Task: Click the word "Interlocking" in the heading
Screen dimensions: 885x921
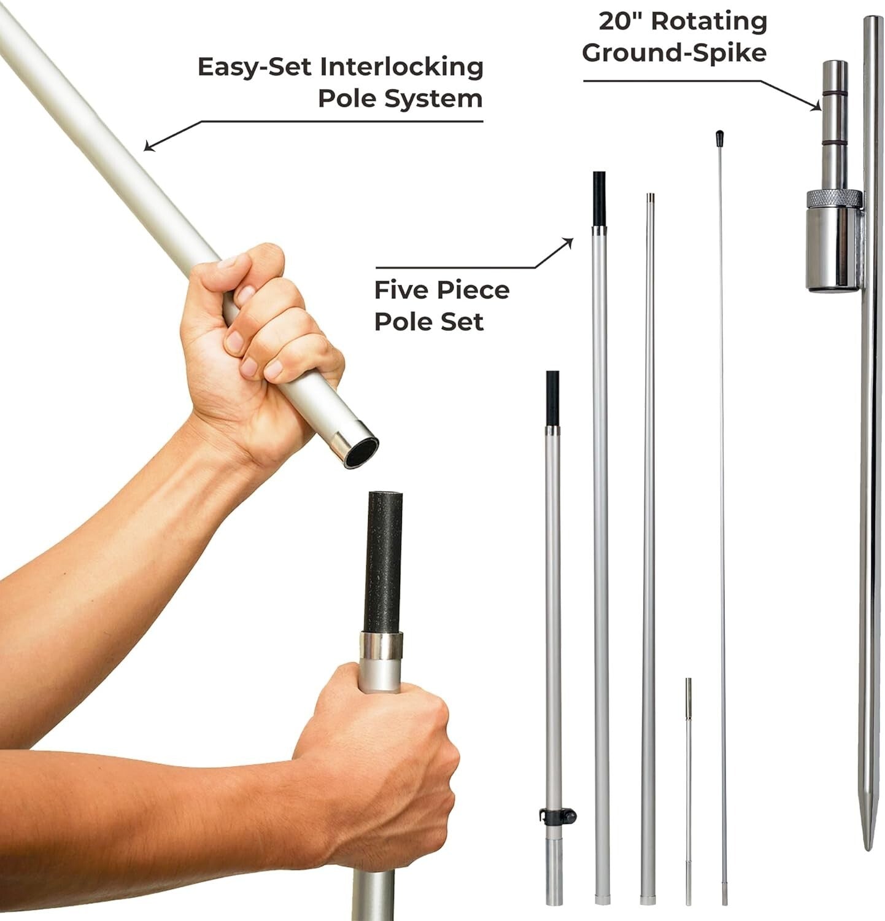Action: [x=402, y=67]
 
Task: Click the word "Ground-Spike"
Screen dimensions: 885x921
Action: [x=674, y=52]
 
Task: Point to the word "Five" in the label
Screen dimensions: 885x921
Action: [x=403, y=290]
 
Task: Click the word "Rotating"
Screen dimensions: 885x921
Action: [x=709, y=21]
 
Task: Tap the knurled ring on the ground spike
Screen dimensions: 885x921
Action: [x=834, y=199]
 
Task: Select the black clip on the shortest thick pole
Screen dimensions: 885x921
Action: [x=558, y=816]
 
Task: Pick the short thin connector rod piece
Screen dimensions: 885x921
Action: [x=689, y=791]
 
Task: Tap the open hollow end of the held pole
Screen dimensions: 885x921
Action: [x=360, y=452]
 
